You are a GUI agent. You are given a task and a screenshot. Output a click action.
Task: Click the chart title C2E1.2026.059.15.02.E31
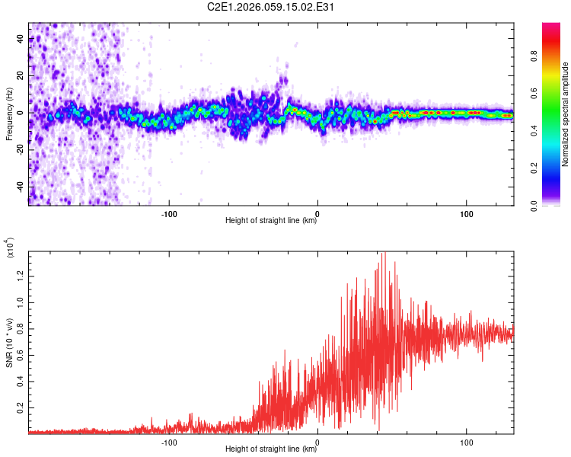tap(272, 8)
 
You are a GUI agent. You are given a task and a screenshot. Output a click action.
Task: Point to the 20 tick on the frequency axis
tap(20, 75)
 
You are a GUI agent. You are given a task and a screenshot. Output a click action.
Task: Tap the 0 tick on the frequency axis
tap(20, 113)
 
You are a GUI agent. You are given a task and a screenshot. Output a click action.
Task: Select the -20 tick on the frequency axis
tap(20, 149)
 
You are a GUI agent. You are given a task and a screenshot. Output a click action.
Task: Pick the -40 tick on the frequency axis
tap(20, 186)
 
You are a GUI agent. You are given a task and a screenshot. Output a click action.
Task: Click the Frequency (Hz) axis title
tap(8, 114)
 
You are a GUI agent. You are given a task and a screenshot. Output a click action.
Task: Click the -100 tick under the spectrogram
tap(169, 214)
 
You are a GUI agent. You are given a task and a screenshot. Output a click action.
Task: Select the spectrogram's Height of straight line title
tap(272, 222)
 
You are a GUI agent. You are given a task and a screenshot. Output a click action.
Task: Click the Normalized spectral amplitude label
tap(566, 114)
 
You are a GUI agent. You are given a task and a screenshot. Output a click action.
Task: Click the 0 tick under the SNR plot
tap(317, 442)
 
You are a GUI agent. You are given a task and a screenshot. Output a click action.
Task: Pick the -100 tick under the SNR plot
tap(169, 442)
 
